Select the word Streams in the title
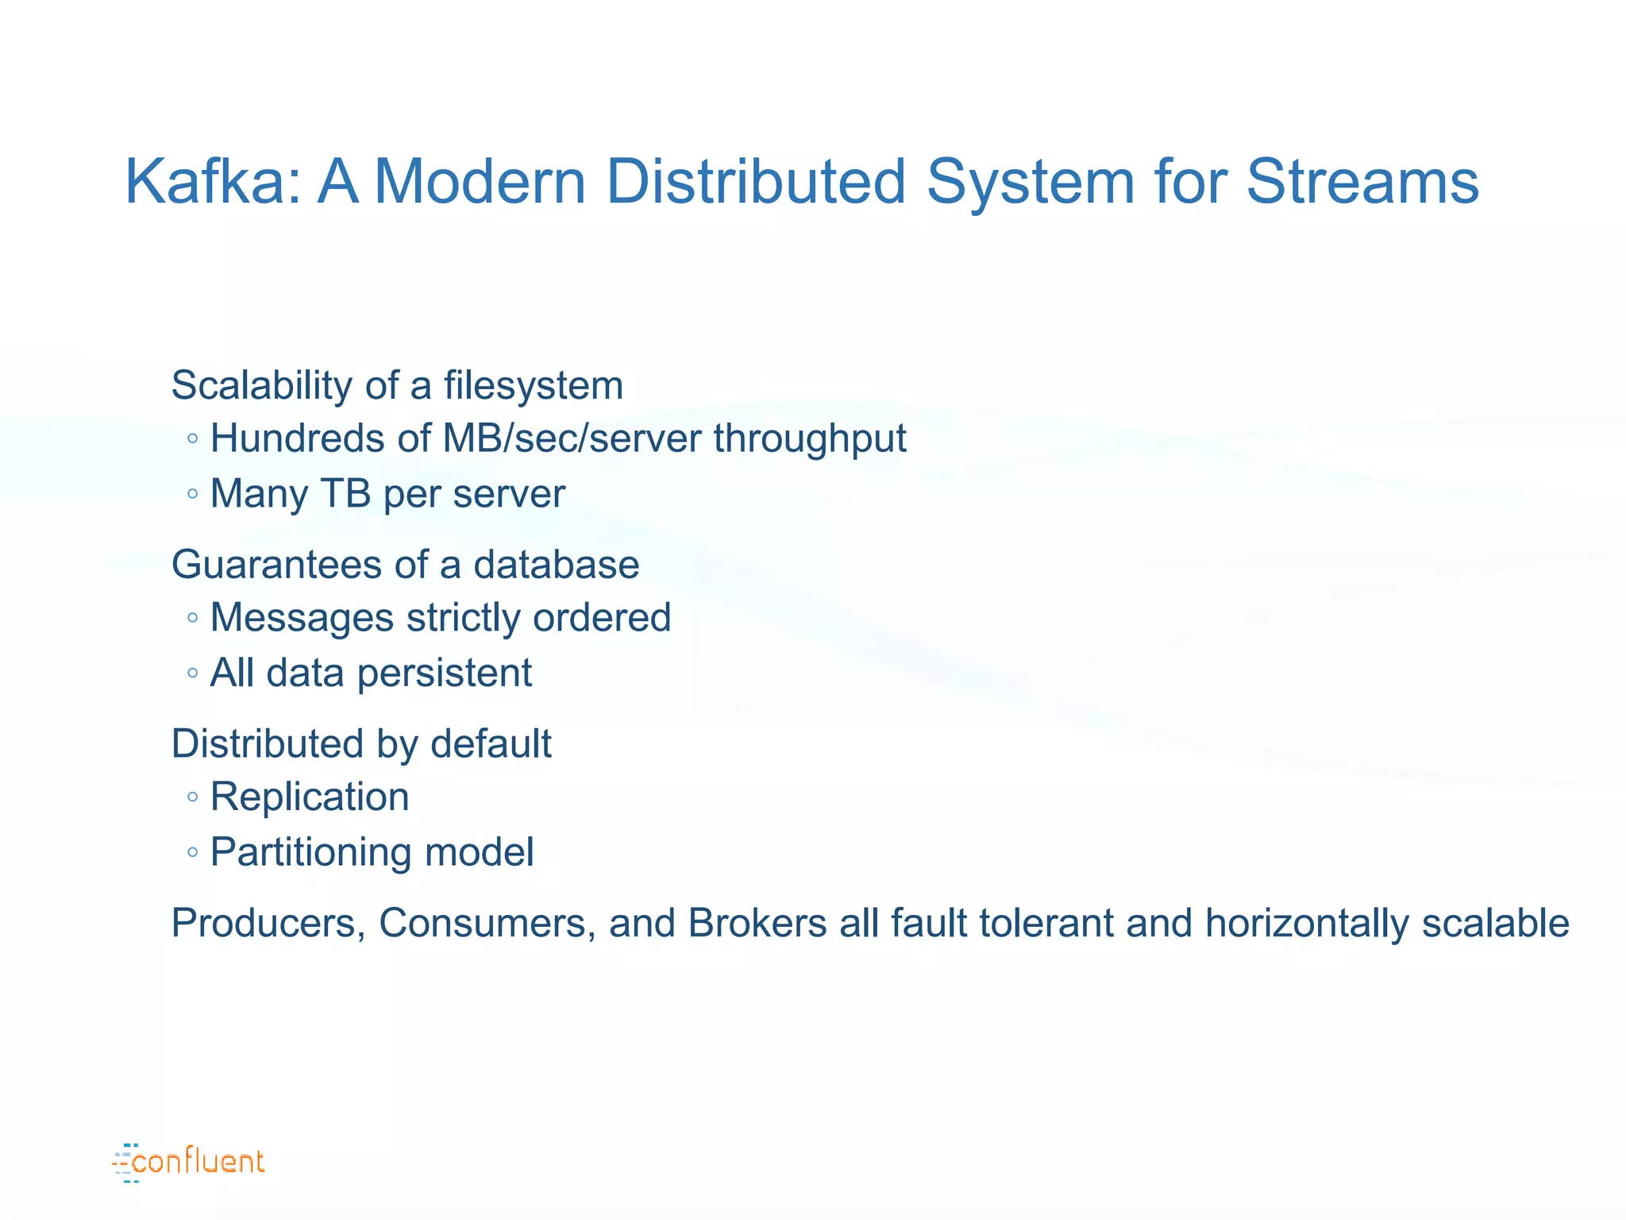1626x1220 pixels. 1362,181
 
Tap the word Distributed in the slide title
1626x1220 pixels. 755,181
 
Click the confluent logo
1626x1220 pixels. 189,1162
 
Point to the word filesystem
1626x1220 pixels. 533,385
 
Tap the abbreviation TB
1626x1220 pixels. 345,493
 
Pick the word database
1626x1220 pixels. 556,565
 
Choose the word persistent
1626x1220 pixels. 444,674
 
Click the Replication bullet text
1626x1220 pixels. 310,797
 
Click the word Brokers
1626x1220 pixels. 757,924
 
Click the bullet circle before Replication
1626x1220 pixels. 192,797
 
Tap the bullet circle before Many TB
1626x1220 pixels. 192,494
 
